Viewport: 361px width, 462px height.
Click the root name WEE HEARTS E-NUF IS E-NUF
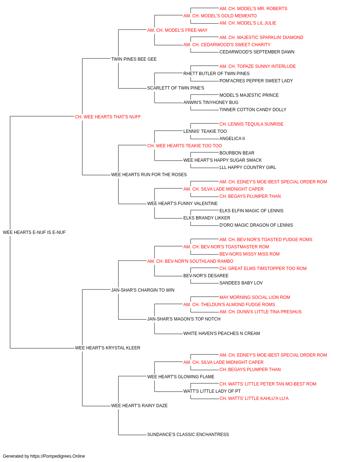click(x=34, y=232)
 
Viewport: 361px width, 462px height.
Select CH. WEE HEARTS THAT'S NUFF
click(x=108, y=117)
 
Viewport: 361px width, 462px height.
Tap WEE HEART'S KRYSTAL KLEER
click(x=108, y=348)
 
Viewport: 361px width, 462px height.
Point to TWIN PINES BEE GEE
click(x=134, y=59)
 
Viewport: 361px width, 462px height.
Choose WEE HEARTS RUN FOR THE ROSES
click(x=149, y=175)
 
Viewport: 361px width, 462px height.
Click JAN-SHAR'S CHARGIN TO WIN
click(x=143, y=290)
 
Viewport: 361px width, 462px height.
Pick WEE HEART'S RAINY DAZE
click(x=139, y=406)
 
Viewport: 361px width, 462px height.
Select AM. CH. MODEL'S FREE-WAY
click(x=177, y=30)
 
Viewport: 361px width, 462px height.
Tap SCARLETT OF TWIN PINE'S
click(x=175, y=88)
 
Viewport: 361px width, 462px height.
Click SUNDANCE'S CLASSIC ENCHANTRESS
click(x=188, y=435)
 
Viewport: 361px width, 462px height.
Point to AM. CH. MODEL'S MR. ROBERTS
click(x=253, y=9)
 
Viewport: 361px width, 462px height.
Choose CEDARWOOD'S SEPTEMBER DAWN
click(x=257, y=52)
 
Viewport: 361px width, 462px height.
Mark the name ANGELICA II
click(x=232, y=139)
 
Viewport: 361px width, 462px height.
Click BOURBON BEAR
click(x=237, y=153)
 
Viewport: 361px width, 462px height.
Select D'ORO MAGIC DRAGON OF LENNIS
click(x=256, y=225)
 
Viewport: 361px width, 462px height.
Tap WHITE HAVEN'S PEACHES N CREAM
click(x=222, y=334)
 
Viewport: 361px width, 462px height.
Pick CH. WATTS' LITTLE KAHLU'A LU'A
click(x=254, y=398)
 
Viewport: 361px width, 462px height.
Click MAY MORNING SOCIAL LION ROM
click(x=255, y=297)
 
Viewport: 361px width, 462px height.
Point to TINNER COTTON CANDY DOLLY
click(x=253, y=110)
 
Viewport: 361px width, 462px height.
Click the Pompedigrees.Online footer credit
click(x=44, y=456)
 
